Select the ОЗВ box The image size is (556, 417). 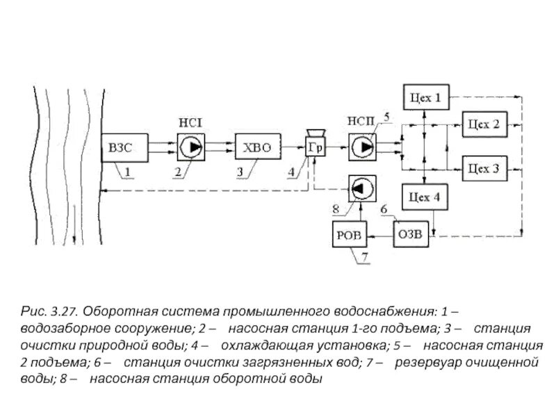coord(411,237)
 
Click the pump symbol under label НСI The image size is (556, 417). coord(190,148)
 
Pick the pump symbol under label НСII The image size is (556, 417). coord(362,148)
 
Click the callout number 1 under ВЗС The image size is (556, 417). coord(128,171)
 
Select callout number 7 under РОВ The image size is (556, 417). coord(361,261)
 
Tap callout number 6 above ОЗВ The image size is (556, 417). coord(384,208)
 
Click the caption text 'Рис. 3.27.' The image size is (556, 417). coord(49,307)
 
